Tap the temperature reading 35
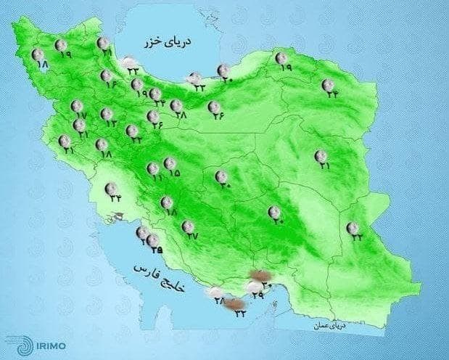155,251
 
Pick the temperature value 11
155,179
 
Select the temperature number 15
174,173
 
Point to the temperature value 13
111,124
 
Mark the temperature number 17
81,116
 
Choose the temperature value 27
192,236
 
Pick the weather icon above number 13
106,114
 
